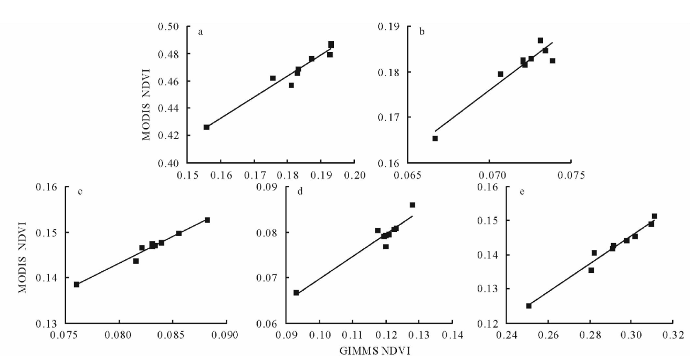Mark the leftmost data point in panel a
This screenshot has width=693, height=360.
pyautogui.click(x=206, y=127)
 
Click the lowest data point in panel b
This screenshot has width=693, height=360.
pyautogui.click(x=435, y=139)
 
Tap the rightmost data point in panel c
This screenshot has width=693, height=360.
pyautogui.click(x=207, y=220)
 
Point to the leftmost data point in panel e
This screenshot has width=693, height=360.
pyautogui.click(x=529, y=305)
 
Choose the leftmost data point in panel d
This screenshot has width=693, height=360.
pyautogui.click(x=296, y=292)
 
